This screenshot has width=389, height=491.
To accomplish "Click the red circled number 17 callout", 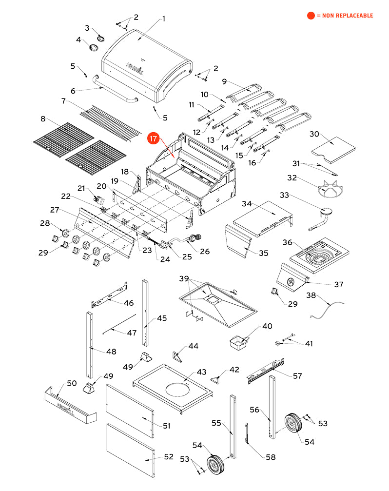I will click(154, 139).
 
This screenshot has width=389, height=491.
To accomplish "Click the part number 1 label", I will click(164, 19).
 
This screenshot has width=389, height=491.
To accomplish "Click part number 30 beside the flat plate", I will click(314, 134).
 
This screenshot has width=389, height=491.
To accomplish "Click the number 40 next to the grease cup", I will click(268, 326).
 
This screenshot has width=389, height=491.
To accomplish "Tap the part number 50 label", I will click(72, 383).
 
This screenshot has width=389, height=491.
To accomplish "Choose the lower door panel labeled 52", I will click(130, 451).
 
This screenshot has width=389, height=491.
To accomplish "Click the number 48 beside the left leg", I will click(112, 351).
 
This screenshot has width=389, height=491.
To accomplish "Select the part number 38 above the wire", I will click(311, 295).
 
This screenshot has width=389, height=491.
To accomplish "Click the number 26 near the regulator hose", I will click(205, 252).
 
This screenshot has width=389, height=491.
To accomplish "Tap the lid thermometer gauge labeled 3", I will click(100, 38).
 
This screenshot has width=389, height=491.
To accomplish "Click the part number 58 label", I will click(271, 457).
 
